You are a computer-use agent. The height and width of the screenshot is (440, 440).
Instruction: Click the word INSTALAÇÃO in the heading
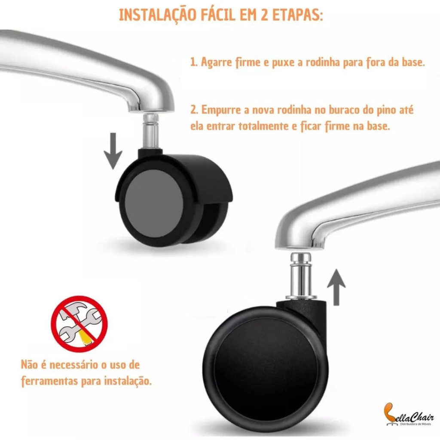tap(157, 15)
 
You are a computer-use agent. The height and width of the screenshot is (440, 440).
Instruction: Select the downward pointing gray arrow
tap(113, 151)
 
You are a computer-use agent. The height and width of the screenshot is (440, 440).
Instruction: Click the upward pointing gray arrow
tap(336, 287)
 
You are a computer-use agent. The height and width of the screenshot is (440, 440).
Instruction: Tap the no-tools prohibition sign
tap(79, 324)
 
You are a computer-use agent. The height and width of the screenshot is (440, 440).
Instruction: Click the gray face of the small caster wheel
tap(154, 200)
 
